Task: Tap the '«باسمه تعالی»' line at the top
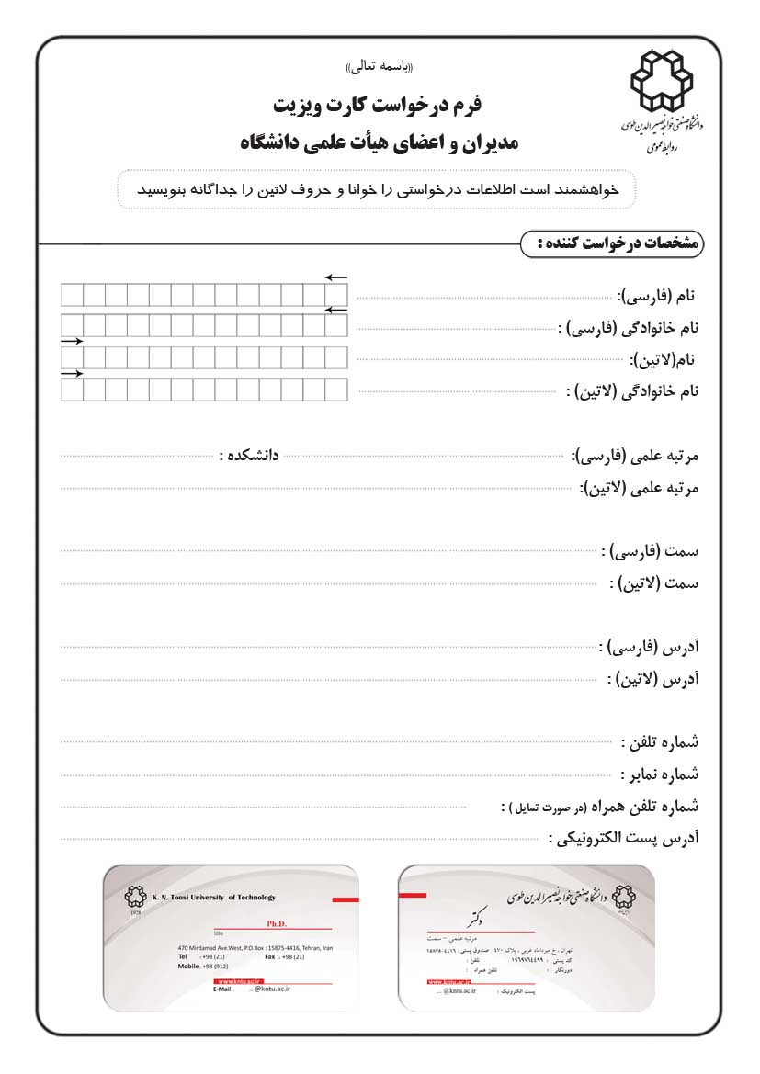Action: click(380, 68)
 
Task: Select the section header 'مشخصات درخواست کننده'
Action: click(613, 243)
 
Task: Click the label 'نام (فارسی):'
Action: click(657, 296)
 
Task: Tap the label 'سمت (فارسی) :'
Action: click(650, 551)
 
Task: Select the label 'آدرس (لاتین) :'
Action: click(652, 681)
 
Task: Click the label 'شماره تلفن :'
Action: click(660, 742)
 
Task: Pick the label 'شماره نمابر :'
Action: click(659, 774)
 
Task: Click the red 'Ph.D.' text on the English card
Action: click(277, 923)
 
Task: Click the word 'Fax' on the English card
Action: click(270, 956)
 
